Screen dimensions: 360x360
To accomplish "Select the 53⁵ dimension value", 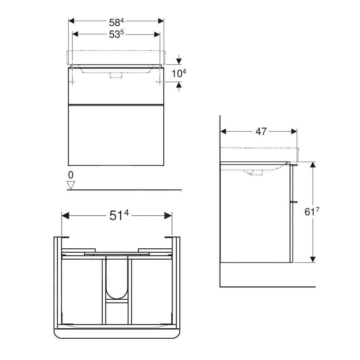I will pyautogui.click(x=116, y=35).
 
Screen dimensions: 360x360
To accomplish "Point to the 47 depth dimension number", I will pyautogui.click(x=261, y=132).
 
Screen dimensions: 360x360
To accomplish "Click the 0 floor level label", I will pyautogui.click(x=70, y=175).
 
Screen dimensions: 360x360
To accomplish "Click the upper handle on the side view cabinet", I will pyautogui.click(x=295, y=165).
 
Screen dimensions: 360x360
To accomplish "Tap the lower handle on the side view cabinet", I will pyautogui.click(x=295, y=201).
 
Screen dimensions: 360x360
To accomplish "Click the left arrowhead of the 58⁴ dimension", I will pyautogui.click(x=71, y=20).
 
